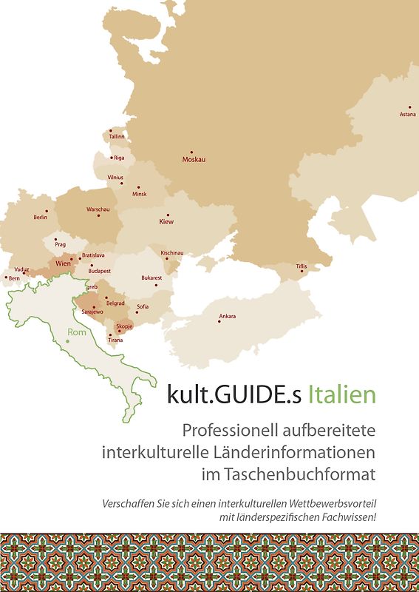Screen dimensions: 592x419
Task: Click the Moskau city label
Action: coord(194,160)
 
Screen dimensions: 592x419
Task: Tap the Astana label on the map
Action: coord(408,115)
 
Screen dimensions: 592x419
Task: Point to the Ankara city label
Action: coord(227,317)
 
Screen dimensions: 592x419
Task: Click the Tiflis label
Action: coord(301,266)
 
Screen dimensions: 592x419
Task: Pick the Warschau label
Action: coord(98,210)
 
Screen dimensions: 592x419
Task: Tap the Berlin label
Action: coord(41,218)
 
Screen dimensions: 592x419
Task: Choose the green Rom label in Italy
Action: coord(76,332)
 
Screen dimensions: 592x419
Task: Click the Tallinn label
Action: coord(117,137)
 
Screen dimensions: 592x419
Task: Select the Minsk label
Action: coord(139,195)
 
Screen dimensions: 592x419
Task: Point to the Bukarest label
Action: coord(151,278)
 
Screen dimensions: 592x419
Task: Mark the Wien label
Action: coord(63,263)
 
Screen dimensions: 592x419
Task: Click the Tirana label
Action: coord(115,340)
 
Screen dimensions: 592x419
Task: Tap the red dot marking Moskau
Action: coord(191,152)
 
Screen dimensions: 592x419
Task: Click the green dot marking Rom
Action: coord(67,340)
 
